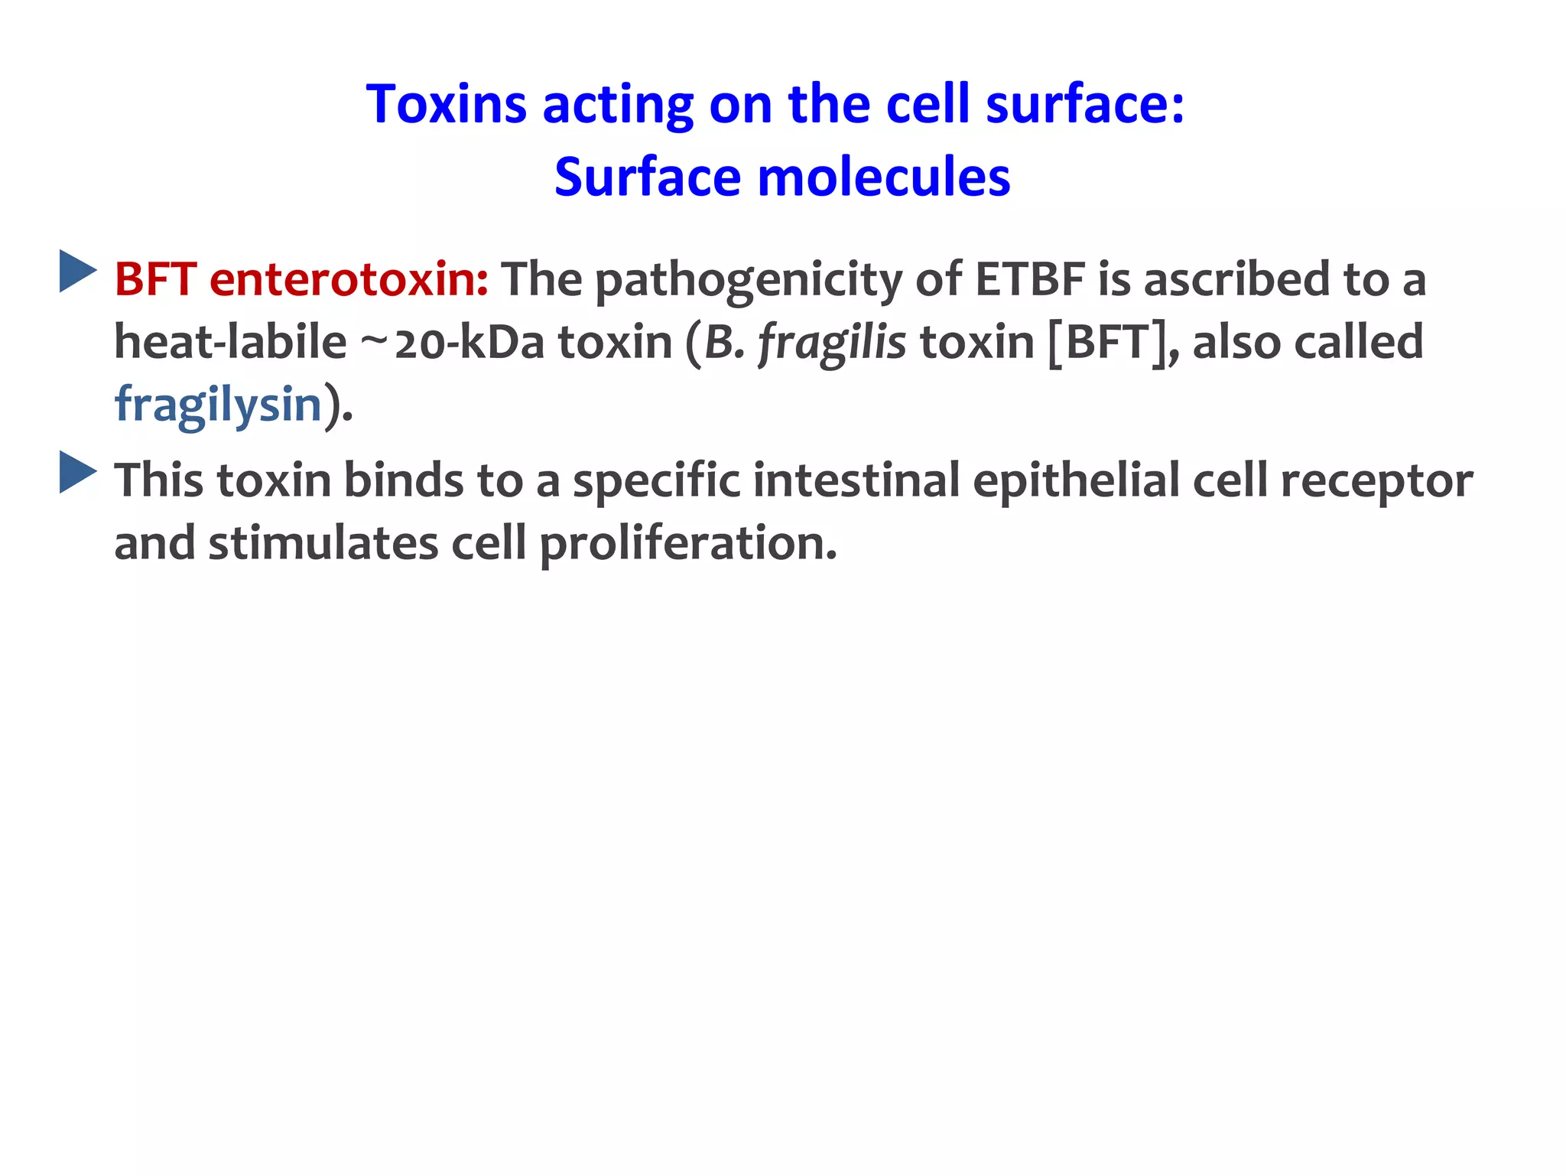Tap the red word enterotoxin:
coord(349,279)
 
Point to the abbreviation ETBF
coord(1030,279)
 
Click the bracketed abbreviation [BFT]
coord(1108,342)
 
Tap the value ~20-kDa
coord(451,342)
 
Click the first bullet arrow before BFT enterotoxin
coord(78,271)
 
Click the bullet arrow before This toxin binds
coord(78,472)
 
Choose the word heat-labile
coord(230,342)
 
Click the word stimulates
coord(323,544)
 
